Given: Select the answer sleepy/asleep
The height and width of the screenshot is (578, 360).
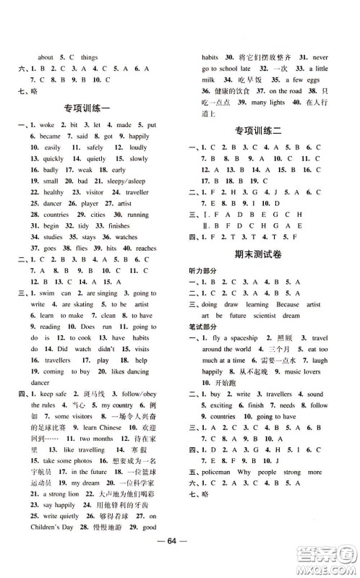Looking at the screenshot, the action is click(x=125, y=181).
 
